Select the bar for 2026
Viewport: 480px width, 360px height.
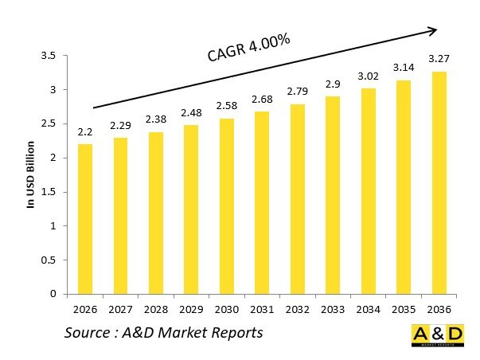[85, 218]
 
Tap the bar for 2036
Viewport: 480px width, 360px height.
[438, 182]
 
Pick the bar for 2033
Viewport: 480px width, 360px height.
[332, 195]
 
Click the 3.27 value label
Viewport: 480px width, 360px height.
[438, 58]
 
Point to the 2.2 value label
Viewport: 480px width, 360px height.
[85, 131]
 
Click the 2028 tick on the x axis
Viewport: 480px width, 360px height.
[156, 307]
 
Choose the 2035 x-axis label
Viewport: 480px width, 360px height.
[403, 307]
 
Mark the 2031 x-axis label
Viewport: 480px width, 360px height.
[262, 307]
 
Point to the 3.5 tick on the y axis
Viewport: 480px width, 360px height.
[49, 56]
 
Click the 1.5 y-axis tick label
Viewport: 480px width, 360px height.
[49, 192]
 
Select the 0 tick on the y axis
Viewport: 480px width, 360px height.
[53, 294]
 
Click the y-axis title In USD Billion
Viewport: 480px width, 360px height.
[32, 174]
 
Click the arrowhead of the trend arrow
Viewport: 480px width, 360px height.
[433, 31]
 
